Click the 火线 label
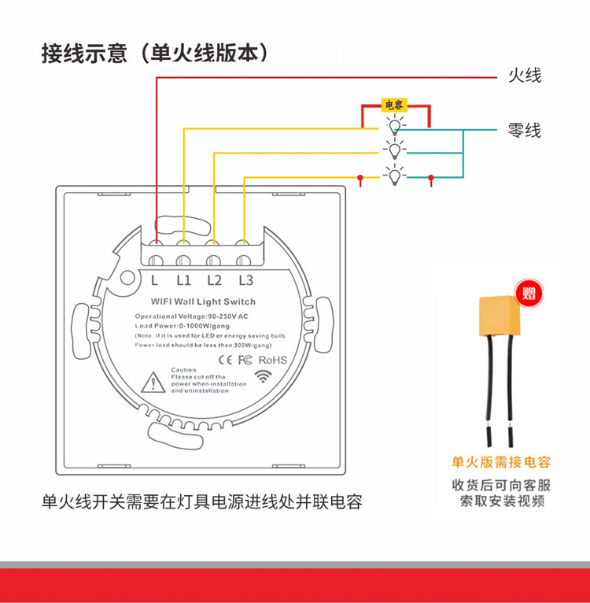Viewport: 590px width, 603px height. point(524,76)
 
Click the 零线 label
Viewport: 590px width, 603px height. point(524,130)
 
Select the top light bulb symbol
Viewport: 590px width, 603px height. point(394,126)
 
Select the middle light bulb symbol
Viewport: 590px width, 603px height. point(394,149)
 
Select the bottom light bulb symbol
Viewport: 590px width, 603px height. point(394,176)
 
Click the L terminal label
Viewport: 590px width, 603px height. point(155,279)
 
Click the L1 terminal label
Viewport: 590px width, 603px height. point(183,279)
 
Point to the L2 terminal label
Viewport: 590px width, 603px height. point(214,279)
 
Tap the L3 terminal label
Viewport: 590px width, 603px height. point(245,279)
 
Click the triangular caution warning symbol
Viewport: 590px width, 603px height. point(150,383)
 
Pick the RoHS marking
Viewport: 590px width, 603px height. point(273,361)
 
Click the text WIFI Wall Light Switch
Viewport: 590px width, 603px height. point(202,302)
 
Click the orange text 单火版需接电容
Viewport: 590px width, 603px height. point(500,462)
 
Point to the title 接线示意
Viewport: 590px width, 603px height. point(84,54)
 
